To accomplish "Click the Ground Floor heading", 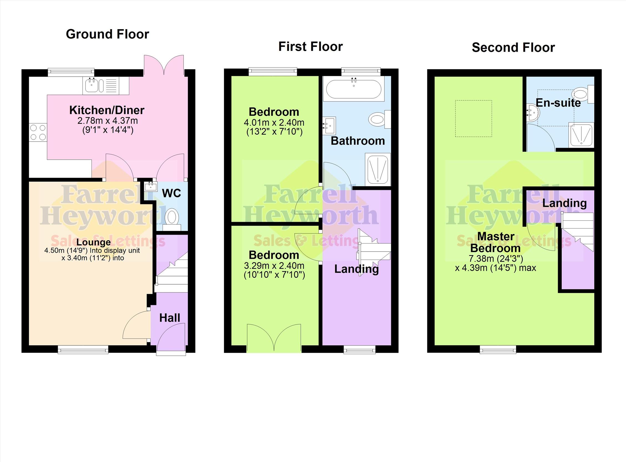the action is point(107,34).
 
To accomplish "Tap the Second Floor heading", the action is point(513,47).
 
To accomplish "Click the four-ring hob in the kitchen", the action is point(38,132).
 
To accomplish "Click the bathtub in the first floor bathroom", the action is point(353,89).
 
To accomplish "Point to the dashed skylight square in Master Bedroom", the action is point(473,119).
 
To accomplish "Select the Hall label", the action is point(170,318).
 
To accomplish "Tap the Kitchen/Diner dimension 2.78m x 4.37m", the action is point(108,121).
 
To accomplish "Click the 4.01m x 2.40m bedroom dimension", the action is point(274,122).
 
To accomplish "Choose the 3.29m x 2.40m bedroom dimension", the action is point(274,266).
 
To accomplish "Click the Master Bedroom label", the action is point(496,242).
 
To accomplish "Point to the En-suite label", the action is point(558,103).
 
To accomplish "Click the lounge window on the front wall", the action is point(83,349).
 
